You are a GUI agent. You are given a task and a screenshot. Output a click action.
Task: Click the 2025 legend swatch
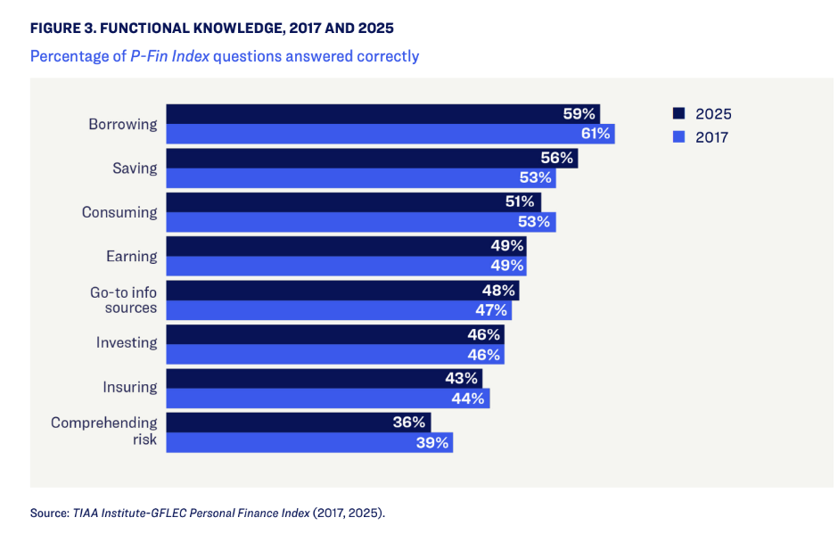(x=678, y=114)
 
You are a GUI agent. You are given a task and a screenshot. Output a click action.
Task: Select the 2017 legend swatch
(x=678, y=137)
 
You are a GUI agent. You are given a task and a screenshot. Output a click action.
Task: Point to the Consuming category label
(x=119, y=212)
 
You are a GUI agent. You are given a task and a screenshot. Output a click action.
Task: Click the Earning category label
(x=132, y=256)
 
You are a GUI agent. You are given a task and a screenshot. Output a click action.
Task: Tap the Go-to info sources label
(x=124, y=300)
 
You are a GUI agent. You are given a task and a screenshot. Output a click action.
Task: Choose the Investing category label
(x=127, y=343)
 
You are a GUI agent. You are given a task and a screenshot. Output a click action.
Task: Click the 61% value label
(x=595, y=134)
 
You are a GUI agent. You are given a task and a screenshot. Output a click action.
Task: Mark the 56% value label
(x=558, y=158)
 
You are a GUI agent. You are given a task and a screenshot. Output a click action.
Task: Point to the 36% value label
(x=410, y=423)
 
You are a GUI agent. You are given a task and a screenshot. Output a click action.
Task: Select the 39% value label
(x=432, y=442)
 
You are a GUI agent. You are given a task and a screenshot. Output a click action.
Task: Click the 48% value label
(x=498, y=291)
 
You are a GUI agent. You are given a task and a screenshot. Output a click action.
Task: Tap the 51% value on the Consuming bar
(x=521, y=202)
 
